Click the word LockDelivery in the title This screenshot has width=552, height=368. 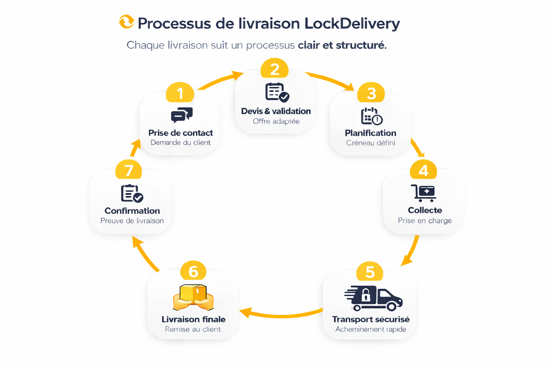352,24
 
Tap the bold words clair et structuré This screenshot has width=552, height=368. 342,45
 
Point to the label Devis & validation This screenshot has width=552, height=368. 276,111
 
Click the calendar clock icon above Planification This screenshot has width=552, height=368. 371,116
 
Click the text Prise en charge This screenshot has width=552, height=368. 424,221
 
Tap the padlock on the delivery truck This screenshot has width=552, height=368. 366,295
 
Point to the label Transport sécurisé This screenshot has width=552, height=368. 371,319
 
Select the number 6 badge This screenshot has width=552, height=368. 193,271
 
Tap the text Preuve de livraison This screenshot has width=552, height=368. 132,221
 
